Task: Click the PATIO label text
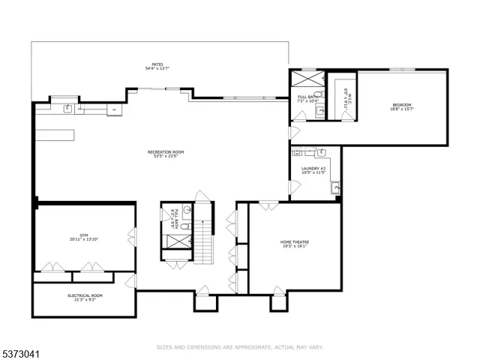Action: (x=158, y=65)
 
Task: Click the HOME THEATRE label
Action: (x=295, y=242)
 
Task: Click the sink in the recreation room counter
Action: (x=68, y=109)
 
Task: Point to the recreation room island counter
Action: (x=54, y=134)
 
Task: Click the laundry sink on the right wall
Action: (x=336, y=187)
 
